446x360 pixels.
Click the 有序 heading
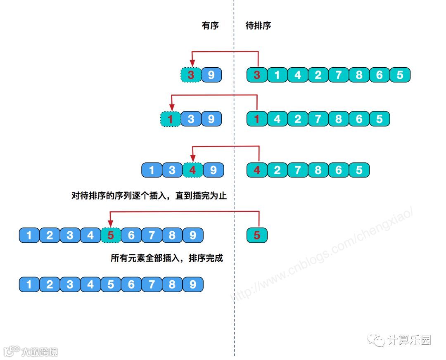(x=210, y=26)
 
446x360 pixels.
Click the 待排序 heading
(x=258, y=26)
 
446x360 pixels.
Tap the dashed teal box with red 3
(x=191, y=75)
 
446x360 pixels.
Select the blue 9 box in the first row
(x=211, y=75)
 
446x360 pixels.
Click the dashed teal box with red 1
(x=171, y=119)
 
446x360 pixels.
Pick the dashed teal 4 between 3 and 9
(x=193, y=170)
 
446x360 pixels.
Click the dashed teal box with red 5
(x=111, y=235)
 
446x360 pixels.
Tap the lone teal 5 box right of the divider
(x=257, y=235)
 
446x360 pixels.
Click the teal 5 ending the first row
(x=400, y=75)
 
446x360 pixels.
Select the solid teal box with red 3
(x=257, y=75)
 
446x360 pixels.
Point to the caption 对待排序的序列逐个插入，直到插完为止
(x=149, y=196)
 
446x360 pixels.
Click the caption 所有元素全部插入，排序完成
(x=166, y=258)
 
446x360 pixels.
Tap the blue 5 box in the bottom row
(x=111, y=284)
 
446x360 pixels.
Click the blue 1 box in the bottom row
(x=29, y=284)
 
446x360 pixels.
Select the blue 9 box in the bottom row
(x=193, y=284)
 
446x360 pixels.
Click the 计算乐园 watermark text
(x=409, y=340)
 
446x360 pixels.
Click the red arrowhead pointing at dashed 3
(x=191, y=63)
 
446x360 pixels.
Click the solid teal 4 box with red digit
(x=257, y=170)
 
